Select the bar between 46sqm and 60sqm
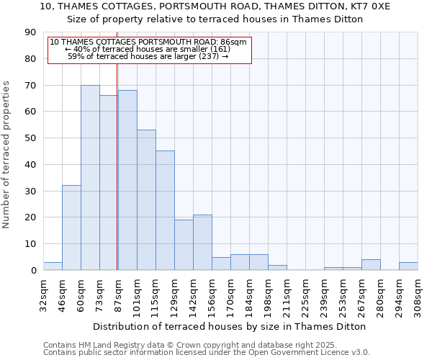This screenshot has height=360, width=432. pyautogui.click(x=71, y=228)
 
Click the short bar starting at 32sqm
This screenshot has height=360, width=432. pyautogui.click(x=53, y=266)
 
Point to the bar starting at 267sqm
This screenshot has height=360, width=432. pyautogui.click(x=371, y=265)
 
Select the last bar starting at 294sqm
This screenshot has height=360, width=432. pyautogui.click(x=408, y=266)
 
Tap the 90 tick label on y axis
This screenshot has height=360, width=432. pyautogui.click(x=30, y=32)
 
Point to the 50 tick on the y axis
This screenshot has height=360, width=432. pyautogui.click(x=30, y=138)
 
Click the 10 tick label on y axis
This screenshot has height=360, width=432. pyautogui.click(x=30, y=244)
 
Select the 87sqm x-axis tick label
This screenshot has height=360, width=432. pyautogui.click(x=118, y=293)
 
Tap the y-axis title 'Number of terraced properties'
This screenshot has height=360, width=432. pyautogui.click(x=6, y=155)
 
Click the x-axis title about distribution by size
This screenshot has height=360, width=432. pyautogui.click(x=230, y=326)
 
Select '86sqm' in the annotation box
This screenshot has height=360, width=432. pyautogui.click(x=234, y=42)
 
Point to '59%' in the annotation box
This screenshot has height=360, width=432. pyautogui.click(x=76, y=55)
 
